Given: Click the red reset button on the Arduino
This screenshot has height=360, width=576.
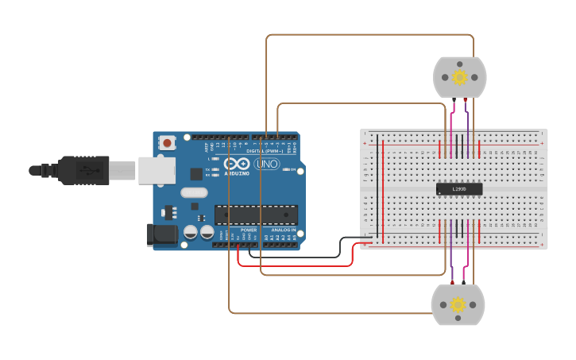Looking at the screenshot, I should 168,143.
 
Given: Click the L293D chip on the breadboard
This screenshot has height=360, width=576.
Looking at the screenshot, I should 459,188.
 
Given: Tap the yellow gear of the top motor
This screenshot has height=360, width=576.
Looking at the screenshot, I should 459,77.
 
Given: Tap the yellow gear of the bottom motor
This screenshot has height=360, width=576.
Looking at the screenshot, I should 458,304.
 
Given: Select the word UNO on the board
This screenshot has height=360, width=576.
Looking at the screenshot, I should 267,165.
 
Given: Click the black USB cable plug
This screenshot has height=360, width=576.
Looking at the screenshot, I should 79,170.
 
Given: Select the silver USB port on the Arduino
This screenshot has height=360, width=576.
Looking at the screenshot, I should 157,170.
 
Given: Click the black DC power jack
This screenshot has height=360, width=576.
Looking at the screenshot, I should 160,234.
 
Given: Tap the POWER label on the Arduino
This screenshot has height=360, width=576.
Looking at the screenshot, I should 249,230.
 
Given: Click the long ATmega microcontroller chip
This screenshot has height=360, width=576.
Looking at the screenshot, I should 256,215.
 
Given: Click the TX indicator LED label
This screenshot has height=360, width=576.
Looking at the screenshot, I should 207,169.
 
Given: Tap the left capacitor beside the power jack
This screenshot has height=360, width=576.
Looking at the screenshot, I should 191,232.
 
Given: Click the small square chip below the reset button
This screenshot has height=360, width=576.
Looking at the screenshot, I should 196,174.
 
